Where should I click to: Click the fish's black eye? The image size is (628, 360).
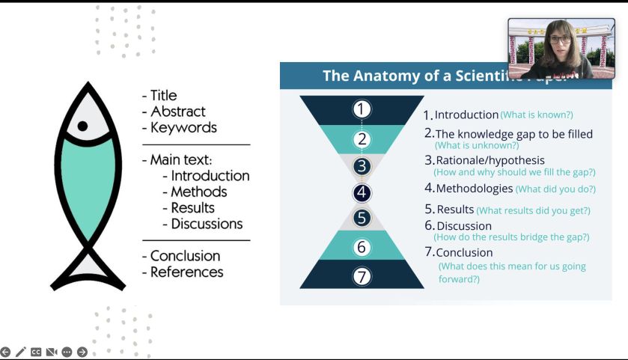83,126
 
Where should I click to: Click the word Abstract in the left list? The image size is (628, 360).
178,112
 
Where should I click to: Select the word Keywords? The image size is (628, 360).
183,127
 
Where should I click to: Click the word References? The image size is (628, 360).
186,272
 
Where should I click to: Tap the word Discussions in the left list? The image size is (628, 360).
207,224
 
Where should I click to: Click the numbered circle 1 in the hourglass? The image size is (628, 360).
362,109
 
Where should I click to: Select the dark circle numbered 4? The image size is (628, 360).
362,192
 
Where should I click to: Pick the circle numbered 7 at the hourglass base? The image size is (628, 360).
362,277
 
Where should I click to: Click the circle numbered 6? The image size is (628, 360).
362,247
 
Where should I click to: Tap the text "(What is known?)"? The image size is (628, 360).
536,115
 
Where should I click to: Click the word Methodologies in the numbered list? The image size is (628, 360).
474,189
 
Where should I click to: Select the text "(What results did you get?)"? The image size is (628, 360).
533,210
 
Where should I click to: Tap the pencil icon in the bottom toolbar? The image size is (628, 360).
20,352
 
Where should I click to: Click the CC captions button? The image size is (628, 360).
36,352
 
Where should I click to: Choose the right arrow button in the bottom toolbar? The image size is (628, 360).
82,352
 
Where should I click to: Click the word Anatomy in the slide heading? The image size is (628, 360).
382,76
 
